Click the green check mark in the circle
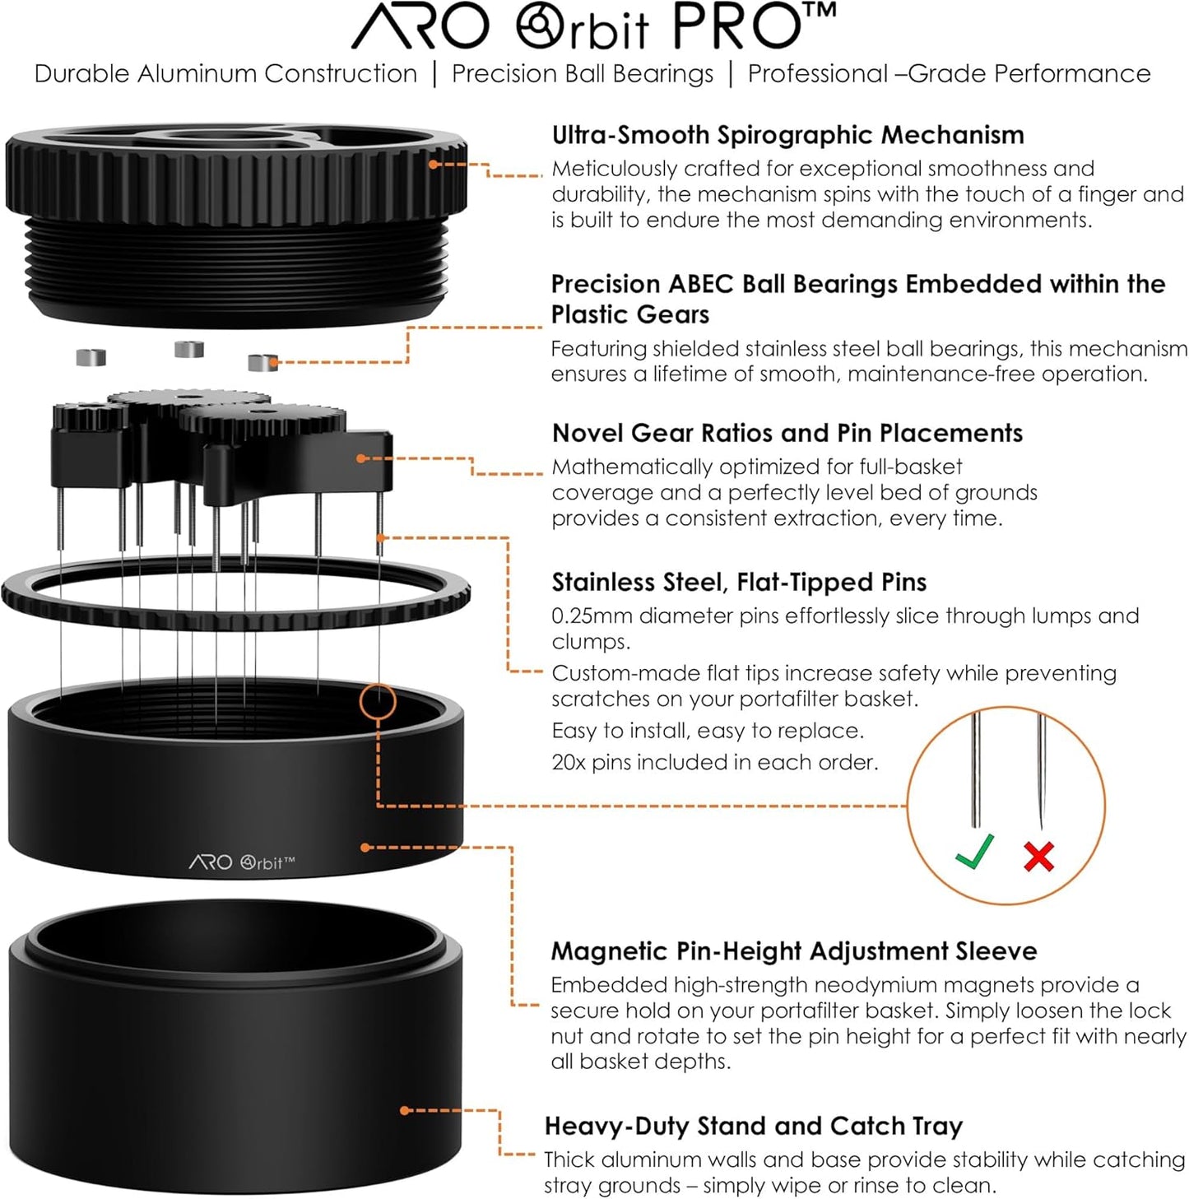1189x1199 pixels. (975, 853)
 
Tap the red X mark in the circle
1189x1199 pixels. (1039, 857)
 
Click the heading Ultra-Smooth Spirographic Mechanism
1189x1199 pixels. (787, 135)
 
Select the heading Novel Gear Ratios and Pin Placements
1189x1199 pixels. (787, 433)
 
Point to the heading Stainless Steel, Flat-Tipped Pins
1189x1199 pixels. (738, 582)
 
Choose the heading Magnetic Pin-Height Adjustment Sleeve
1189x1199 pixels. (793, 950)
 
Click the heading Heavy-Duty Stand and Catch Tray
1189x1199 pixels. (753, 1125)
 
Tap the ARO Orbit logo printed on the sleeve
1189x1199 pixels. (242, 862)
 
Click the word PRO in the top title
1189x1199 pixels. (735, 26)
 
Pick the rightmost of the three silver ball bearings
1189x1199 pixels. (262, 362)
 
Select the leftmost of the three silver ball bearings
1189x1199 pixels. (91, 357)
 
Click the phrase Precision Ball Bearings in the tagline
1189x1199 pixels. (583, 73)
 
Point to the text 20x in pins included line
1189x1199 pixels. (568, 762)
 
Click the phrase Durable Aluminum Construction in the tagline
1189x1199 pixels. (225, 73)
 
